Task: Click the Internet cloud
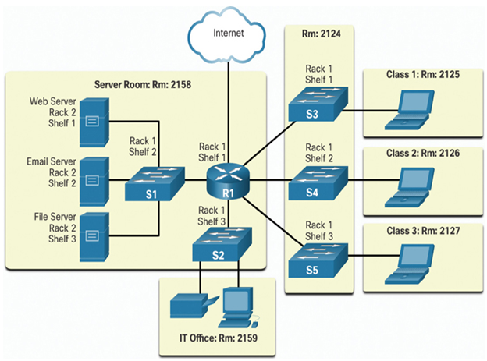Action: pyautogui.click(x=227, y=35)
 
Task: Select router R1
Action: pyautogui.click(x=228, y=181)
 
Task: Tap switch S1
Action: pyautogui.click(x=155, y=184)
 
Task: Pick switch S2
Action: pyautogui.click(x=222, y=245)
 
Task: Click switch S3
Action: pyautogui.click(x=318, y=104)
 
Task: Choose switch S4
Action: pyautogui.click(x=318, y=183)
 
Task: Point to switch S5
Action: pyautogui.click(x=318, y=260)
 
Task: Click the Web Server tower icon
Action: pyautogui.click(x=94, y=122)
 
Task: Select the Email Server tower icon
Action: pyautogui.click(x=94, y=181)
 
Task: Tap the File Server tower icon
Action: pyautogui.click(x=94, y=237)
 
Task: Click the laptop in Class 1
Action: pyautogui.click(x=410, y=110)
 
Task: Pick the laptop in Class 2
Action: pyautogui.click(x=410, y=187)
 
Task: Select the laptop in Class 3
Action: pyautogui.click(x=410, y=264)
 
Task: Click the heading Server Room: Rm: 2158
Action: pyautogui.click(x=143, y=84)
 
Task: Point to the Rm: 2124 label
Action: pyautogui.click(x=321, y=34)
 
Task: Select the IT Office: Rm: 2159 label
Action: pyautogui.click(x=219, y=338)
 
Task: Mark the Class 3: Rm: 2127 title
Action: pyautogui.click(x=423, y=231)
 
